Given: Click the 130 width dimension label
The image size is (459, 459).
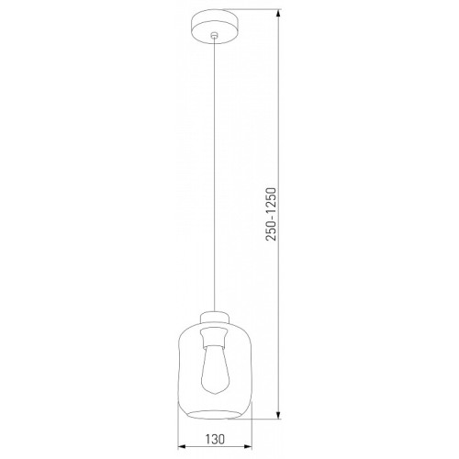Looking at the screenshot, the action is pyautogui.click(x=215, y=439).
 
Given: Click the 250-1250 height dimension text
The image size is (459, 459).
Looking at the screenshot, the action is pyautogui.click(x=271, y=214).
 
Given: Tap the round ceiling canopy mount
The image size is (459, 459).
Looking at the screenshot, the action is pyautogui.click(x=215, y=27).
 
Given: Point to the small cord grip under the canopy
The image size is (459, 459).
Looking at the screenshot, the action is pyautogui.click(x=215, y=36).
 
